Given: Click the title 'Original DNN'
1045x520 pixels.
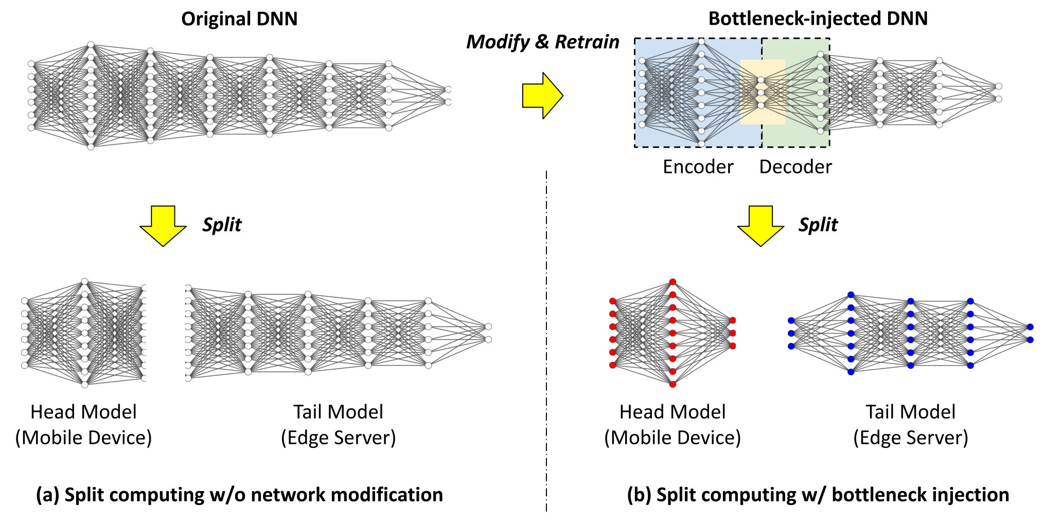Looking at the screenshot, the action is click(x=239, y=19).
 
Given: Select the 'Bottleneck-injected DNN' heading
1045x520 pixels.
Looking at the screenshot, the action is click(x=818, y=19).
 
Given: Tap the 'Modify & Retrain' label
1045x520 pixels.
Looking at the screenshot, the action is click(x=543, y=42).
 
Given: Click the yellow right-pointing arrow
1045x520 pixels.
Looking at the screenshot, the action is click(x=543, y=96).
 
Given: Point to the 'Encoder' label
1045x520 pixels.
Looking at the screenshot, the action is click(x=698, y=167).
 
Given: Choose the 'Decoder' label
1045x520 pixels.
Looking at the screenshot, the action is click(x=795, y=167).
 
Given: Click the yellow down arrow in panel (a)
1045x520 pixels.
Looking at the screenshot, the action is click(x=163, y=226).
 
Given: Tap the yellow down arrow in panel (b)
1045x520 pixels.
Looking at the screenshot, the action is click(x=760, y=226).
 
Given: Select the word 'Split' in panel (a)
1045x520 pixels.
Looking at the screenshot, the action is click(x=222, y=225).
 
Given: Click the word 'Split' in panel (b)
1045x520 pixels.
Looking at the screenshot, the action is click(x=818, y=225).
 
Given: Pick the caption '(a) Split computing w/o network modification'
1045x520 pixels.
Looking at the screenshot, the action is click(x=239, y=495).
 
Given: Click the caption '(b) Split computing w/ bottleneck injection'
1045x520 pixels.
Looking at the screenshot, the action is click(x=818, y=495).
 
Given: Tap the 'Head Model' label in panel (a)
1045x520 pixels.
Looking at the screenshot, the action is click(x=83, y=412).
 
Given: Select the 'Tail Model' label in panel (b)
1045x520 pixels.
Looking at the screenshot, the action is click(x=910, y=412).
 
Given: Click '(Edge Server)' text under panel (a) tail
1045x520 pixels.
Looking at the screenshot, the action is click(x=339, y=438).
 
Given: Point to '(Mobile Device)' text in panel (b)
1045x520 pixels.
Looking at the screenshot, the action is click(x=672, y=438).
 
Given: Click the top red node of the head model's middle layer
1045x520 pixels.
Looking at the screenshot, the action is click(x=672, y=282).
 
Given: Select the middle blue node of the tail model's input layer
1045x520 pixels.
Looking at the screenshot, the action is click(x=791, y=334).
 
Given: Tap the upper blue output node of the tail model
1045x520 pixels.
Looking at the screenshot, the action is click(x=1030, y=327).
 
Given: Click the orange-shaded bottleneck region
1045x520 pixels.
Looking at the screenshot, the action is click(x=763, y=92).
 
